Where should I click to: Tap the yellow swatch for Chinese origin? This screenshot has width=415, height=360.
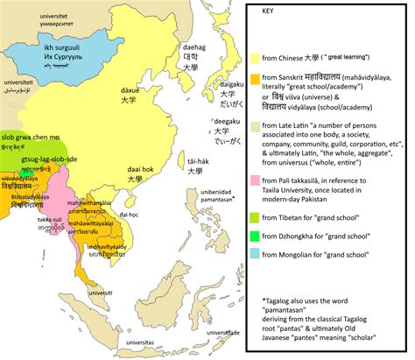254,58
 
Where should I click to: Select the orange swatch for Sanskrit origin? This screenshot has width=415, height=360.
254,79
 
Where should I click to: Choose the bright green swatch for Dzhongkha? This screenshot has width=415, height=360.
254,235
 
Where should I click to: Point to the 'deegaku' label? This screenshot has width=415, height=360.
227,124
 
